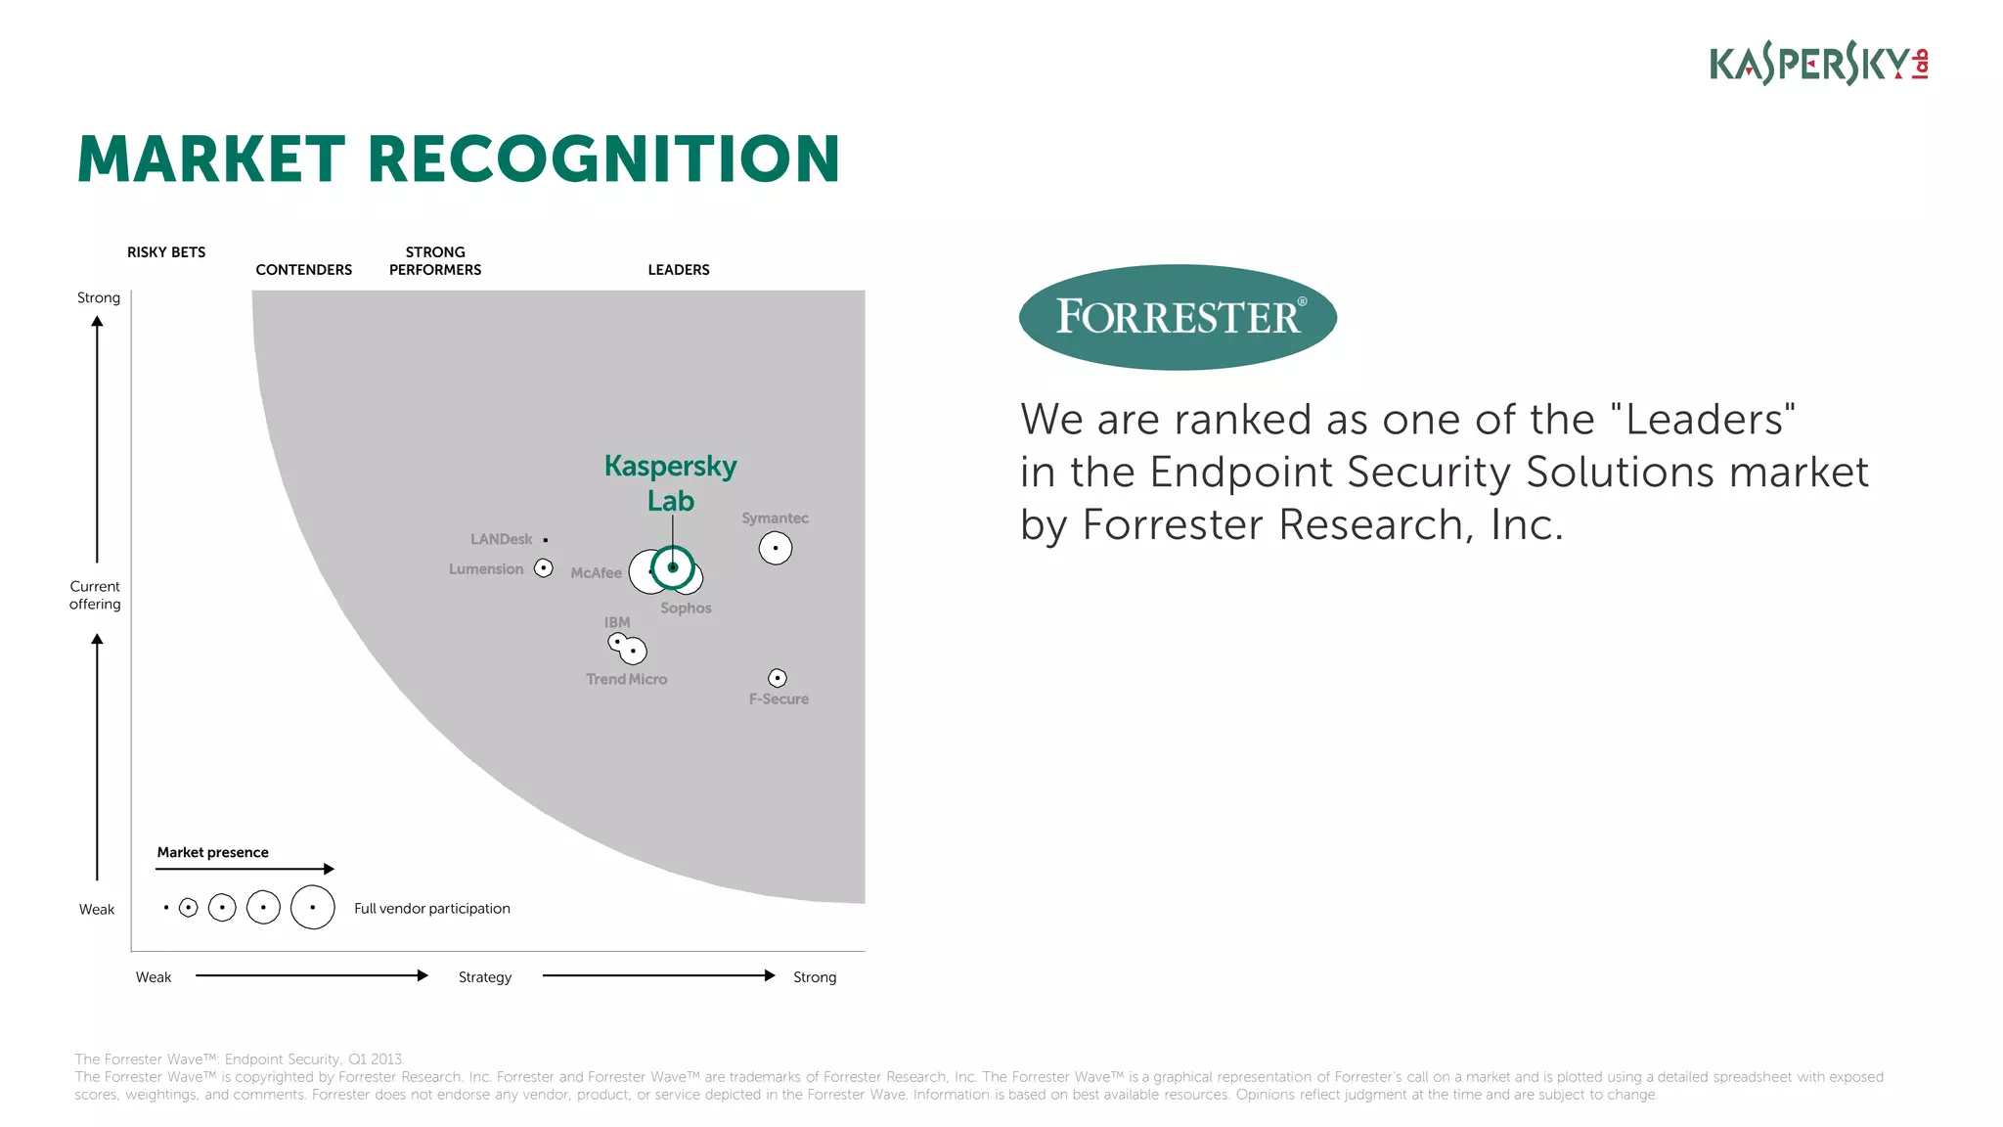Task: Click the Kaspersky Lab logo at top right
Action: pos(1817,64)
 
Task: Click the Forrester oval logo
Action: pos(1178,317)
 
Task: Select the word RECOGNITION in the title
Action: pos(603,159)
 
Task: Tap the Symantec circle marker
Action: pos(776,548)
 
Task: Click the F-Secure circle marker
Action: pos(778,678)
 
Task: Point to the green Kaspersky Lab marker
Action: pos(673,567)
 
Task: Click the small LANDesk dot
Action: pos(546,540)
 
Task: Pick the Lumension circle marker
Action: pos(544,568)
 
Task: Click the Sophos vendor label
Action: pos(686,608)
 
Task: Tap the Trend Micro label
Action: pos(626,679)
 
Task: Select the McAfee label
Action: pos(596,573)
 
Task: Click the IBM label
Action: pos(617,622)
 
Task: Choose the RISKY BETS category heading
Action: pos(166,252)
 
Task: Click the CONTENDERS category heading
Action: pos(303,270)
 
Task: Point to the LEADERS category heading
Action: pos(679,270)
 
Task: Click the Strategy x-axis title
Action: pos(485,977)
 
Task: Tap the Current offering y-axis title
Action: pos(95,595)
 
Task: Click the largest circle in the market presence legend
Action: pos(313,907)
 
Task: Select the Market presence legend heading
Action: pos(212,852)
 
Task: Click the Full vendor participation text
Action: pos(431,909)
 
